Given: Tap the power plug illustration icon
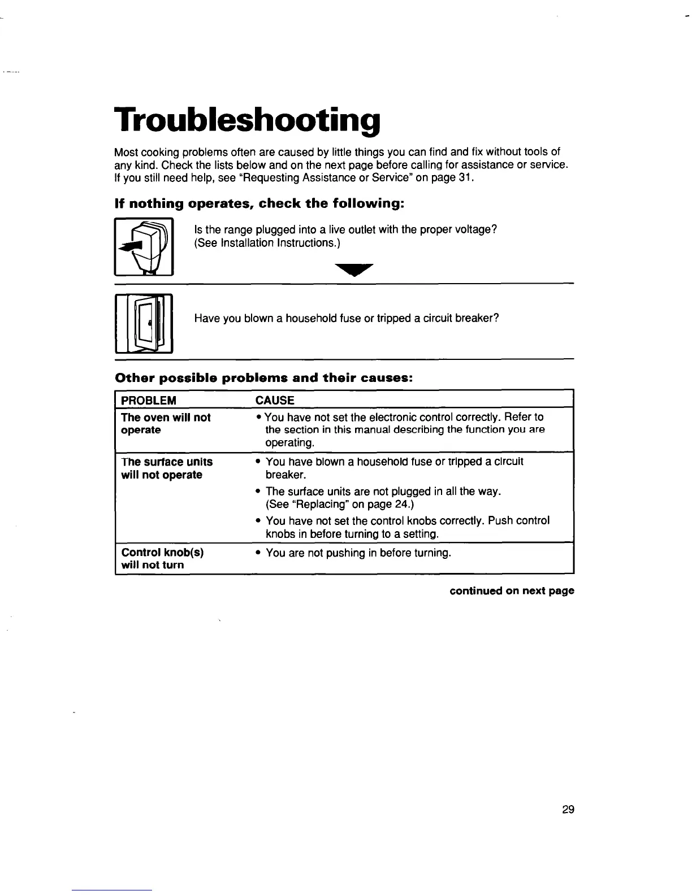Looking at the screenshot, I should tap(144, 246).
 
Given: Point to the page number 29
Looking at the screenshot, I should tap(568, 809).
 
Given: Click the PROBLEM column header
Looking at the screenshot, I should tap(149, 401).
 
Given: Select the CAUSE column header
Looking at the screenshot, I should tap(275, 401).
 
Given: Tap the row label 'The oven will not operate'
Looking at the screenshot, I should tap(166, 424).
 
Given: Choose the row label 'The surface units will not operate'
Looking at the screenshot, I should tap(167, 468).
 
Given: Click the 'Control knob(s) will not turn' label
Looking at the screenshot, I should tap(162, 558).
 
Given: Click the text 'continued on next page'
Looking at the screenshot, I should tap(512, 590).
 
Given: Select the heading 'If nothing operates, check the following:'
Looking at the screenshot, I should tap(259, 203).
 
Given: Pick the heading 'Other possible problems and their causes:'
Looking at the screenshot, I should tap(264, 378).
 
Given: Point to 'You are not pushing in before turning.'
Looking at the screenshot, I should tap(358, 553).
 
